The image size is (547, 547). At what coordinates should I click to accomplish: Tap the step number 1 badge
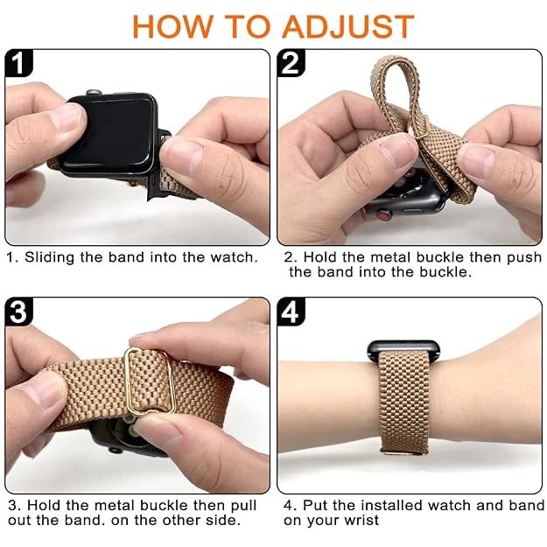(19, 63)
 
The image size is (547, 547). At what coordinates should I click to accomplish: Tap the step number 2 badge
(291, 63)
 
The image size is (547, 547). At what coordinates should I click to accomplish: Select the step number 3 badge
(19, 312)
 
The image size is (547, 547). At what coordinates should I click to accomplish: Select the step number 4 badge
(291, 312)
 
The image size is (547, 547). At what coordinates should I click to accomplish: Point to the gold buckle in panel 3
(150, 381)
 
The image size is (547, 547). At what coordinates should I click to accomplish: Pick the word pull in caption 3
(242, 506)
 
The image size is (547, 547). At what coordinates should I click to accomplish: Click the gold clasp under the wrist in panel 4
(409, 453)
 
